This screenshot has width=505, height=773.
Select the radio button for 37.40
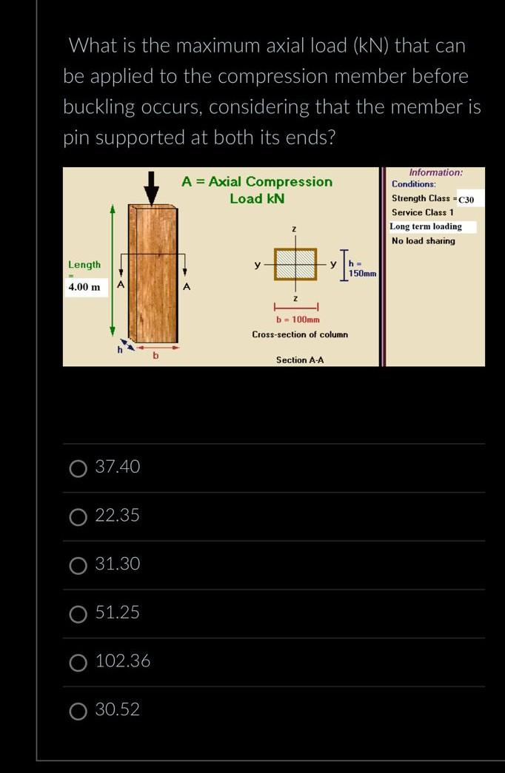coord(78,467)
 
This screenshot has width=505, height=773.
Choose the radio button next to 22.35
coord(78,516)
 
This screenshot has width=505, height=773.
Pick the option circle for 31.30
coord(78,565)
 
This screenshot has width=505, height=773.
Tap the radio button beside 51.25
coord(78,613)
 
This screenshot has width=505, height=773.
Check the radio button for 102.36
coord(78,662)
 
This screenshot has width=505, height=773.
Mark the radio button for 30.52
coord(78,711)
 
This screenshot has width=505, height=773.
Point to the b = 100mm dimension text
coord(298,320)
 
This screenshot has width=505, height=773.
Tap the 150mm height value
coord(363,274)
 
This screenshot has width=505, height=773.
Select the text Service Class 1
coord(423,212)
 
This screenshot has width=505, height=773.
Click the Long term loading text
coord(427,226)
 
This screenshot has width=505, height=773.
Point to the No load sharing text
coord(424,240)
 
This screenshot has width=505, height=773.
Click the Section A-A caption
coord(300,360)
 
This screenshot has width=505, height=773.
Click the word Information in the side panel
coord(435,172)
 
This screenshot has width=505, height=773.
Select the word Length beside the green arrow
coord(84,265)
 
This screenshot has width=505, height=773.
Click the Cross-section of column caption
coord(300,334)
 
